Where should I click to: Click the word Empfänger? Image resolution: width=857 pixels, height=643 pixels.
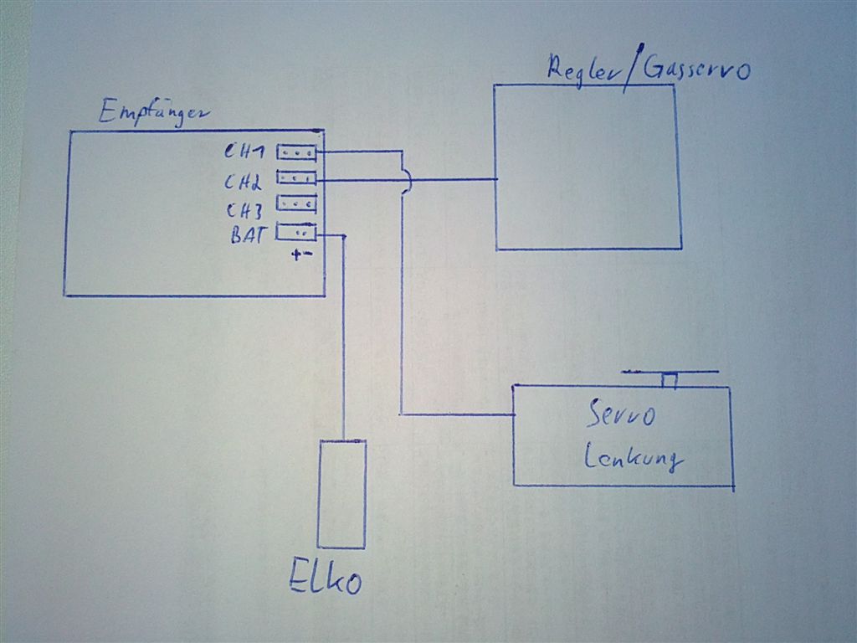coord(150,112)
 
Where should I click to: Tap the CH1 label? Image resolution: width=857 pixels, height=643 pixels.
coord(244,153)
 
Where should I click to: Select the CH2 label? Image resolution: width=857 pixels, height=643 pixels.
coord(244,181)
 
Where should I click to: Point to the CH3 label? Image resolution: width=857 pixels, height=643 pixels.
coord(244,209)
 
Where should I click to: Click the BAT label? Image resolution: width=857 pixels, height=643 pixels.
coord(248,235)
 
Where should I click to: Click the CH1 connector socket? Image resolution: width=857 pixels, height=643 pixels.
coord(297,152)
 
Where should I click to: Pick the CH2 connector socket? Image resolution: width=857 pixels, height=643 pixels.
coord(297,177)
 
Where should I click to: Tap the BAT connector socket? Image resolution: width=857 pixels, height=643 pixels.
coord(297,232)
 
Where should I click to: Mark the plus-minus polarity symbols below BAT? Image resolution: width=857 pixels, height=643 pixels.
coord(302,255)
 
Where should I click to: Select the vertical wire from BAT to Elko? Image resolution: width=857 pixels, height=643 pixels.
coord(344,335)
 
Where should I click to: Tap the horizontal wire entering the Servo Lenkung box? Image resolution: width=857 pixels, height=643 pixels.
coord(456,414)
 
